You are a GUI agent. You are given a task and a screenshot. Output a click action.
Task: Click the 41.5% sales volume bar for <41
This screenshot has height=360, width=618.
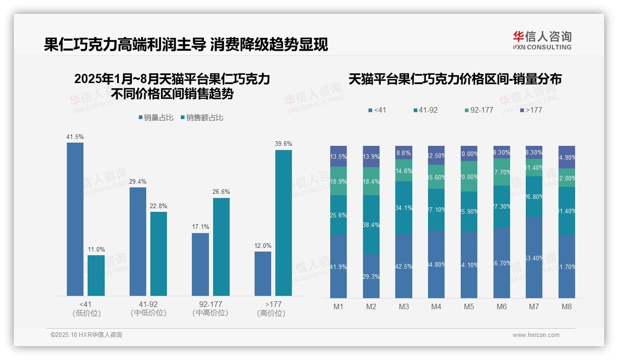(x=75, y=219)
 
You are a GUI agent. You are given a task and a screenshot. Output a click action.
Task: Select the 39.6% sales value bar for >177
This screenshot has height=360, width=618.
(x=284, y=222)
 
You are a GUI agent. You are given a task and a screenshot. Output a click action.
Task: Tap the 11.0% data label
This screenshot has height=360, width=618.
(x=96, y=249)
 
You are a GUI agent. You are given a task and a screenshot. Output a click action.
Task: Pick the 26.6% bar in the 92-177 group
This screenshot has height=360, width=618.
(x=221, y=246)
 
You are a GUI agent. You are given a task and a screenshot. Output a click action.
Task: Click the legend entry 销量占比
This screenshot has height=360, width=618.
(x=156, y=118)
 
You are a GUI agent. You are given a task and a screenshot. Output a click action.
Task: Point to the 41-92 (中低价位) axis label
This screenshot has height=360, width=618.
(x=149, y=308)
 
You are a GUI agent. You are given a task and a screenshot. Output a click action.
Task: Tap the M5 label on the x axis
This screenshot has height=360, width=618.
(x=469, y=307)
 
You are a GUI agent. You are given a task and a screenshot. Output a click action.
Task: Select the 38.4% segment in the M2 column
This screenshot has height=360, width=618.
(x=371, y=224)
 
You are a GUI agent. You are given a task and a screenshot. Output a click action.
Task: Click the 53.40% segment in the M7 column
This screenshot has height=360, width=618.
(x=534, y=257)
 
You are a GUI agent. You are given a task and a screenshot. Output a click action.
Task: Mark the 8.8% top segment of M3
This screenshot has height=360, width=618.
(x=404, y=153)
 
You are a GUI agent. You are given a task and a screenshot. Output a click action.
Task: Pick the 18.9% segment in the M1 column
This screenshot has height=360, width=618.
(x=339, y=181)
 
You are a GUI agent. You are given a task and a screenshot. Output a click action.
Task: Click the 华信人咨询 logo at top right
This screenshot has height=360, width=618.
(x=542, y=40)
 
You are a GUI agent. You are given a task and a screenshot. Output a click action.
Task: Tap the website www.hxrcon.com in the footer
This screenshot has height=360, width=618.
(x=536, y=335)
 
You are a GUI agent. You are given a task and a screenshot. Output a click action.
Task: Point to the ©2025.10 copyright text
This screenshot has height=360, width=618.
(x=86, y=335)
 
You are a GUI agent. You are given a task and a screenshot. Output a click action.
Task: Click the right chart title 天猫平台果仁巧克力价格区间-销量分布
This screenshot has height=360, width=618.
(x=455, y=79)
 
